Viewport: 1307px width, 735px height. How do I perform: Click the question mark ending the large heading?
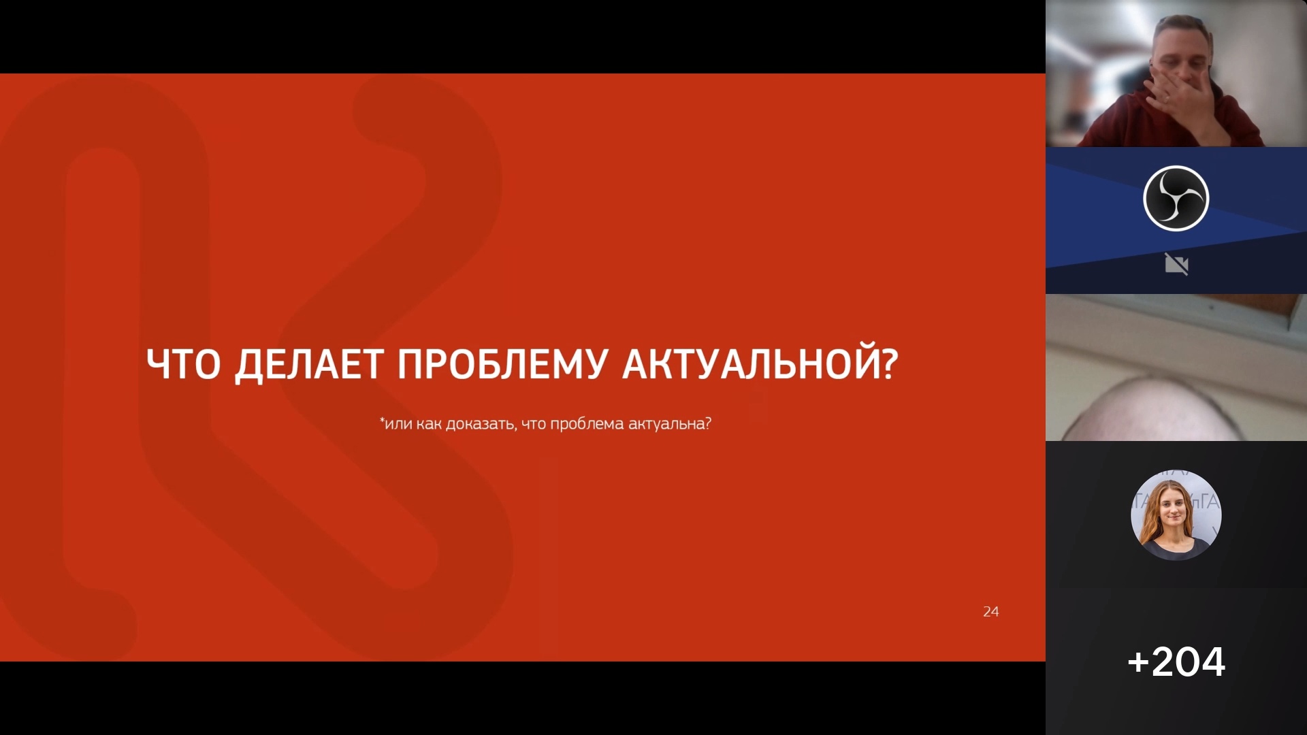click(890, 364)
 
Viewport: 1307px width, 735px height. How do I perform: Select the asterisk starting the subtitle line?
click(382, 420)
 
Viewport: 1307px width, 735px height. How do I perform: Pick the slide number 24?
click(991, 612)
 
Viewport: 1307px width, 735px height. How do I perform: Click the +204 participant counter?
click(1176, 661)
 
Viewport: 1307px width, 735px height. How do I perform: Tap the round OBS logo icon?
click(1176, 199)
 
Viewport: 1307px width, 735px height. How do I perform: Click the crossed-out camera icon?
click(1176, 264)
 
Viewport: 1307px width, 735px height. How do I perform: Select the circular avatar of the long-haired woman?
click(1176, 515)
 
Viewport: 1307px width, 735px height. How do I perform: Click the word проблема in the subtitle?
click(587, 424)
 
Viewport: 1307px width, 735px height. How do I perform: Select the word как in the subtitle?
click(429, 424)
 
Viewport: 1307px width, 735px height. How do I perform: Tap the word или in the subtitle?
click(399, 424)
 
